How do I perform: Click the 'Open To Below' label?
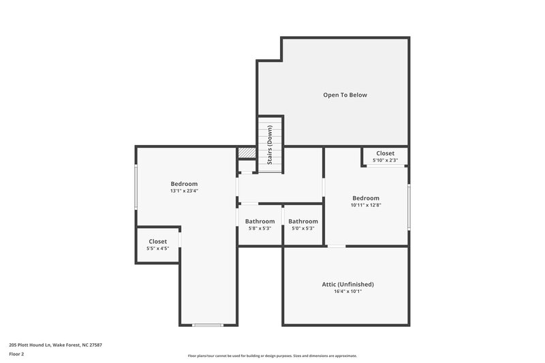(x=345, y=95)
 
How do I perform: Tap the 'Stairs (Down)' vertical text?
(x=270, y=145)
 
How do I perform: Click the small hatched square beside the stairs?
(x=246, y=153)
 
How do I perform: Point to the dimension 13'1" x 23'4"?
(x=184, y=191)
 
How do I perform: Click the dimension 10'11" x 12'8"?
(x=365, y=205)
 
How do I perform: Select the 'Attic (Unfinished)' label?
(x=347, y=284)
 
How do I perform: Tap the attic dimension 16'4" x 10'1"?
(x=347, y=291)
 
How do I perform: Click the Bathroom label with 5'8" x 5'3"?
(x=260, y=221)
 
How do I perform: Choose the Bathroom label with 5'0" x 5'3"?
(x=302, y=221)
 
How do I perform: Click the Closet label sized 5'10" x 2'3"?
(x=385, y=153)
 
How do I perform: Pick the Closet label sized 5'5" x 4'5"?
(x=157, y=241)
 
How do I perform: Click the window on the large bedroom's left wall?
(x=136, y=187)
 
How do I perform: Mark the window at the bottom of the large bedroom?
(x=208, y=325)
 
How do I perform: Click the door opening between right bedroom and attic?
(x=337, y=247)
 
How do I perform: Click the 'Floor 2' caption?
(x=16, y=355)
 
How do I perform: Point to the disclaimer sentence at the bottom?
(x=272, y=356)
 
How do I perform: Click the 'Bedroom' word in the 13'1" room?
(x=184, y=184)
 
